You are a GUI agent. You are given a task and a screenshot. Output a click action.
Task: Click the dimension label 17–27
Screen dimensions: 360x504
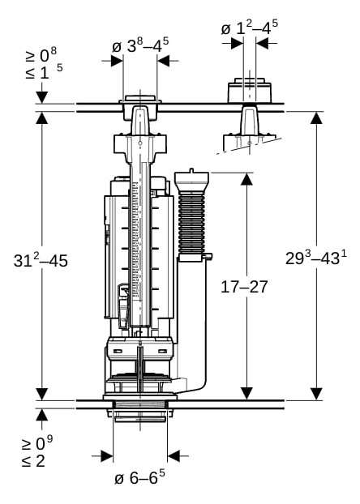click(x=244, y=287)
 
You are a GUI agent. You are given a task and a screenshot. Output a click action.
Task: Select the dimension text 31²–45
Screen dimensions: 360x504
click(x=41, y=260)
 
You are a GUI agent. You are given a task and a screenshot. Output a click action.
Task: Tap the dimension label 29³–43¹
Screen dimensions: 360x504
click(x=316, y=258)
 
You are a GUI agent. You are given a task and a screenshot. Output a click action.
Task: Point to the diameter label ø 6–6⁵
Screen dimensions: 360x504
click(x=139, y=477)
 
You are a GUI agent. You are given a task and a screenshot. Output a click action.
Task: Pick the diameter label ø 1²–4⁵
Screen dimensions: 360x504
click(x=250, y=28)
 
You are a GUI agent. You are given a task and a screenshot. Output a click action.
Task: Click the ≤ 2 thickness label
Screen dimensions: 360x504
click(x=34, y=462)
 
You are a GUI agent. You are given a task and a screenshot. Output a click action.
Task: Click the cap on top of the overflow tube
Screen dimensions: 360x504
click(x=191, y=179)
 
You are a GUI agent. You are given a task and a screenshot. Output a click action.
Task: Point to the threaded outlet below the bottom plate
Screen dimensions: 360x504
click(x=140, y=416)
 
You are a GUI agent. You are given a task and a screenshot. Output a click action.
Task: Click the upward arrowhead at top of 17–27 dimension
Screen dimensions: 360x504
click(x=246, y=179)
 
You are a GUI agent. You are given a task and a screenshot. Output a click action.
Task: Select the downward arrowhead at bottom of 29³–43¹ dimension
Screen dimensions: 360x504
click(x=316, y=394)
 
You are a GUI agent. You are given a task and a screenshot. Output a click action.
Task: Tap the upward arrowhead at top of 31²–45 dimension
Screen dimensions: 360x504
click(x=42, y=118)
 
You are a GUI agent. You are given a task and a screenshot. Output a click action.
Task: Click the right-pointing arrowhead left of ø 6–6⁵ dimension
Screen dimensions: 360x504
click(x=107, y=455)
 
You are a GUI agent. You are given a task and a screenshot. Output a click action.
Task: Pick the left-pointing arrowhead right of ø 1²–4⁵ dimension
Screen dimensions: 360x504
click(x=263, y=43)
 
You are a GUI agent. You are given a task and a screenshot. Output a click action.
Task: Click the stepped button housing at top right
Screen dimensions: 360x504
click(x=250, y=90)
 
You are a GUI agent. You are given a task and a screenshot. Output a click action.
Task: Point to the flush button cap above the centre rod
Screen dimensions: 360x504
click(x=140, y=99)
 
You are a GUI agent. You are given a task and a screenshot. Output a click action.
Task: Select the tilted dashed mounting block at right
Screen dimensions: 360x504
click(x=250, y=142)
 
